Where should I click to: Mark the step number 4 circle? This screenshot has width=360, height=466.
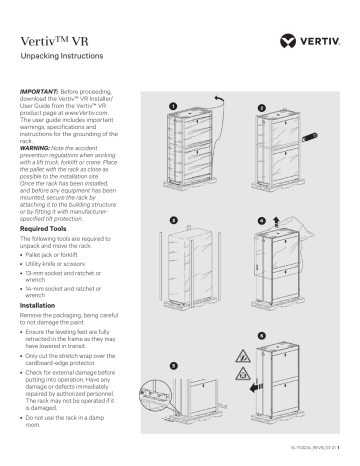point(262,218)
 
